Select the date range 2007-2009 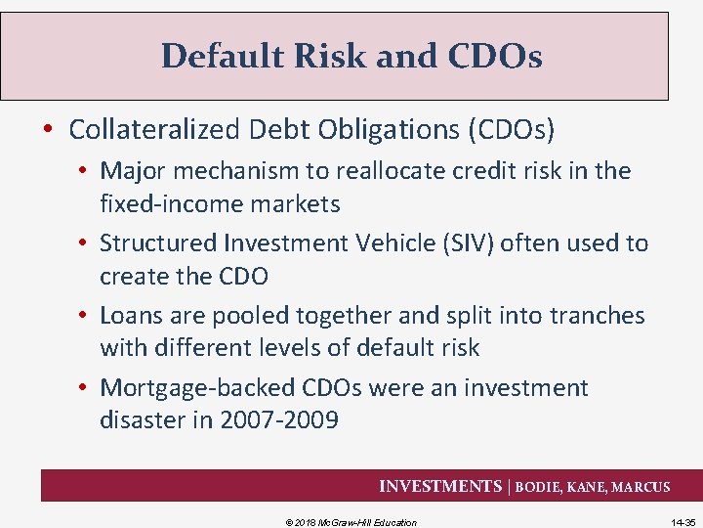[x=282, y=420]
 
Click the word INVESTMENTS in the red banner [x=439, y=486]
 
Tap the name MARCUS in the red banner [x=641, y=487]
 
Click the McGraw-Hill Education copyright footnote [x=351, y=522]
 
